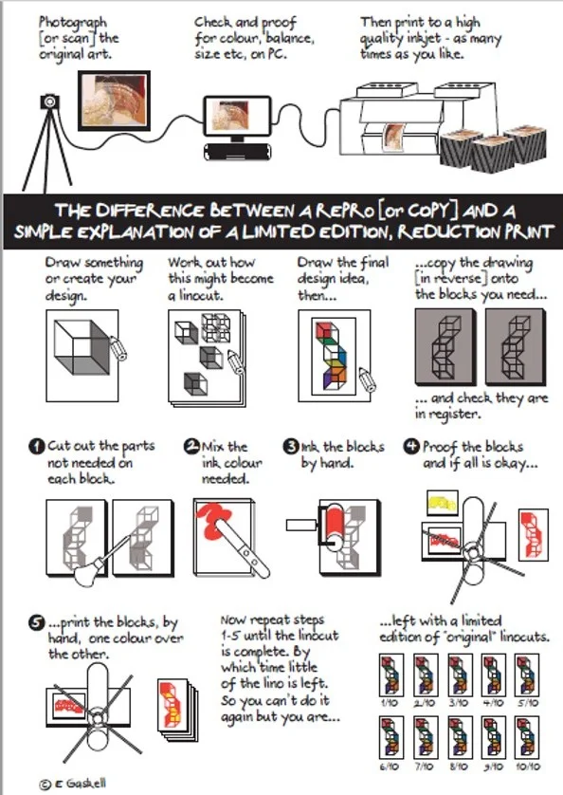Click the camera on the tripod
tap(49, 102)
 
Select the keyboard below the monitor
tap(237, 152)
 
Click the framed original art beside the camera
tap(114, 101)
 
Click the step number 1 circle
tap(37, 447)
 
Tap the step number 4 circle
tap(411, 446)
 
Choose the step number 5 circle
tap(36, 623)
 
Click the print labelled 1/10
tap(391, 675)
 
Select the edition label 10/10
tap(527, 767)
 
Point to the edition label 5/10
tap(527, 703)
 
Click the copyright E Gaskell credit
tap(72, 784)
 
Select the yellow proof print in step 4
tap(443, 503)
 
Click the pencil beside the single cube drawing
tap(118, 348)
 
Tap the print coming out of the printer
tap(394, 137)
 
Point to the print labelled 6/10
tap(391, 738)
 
